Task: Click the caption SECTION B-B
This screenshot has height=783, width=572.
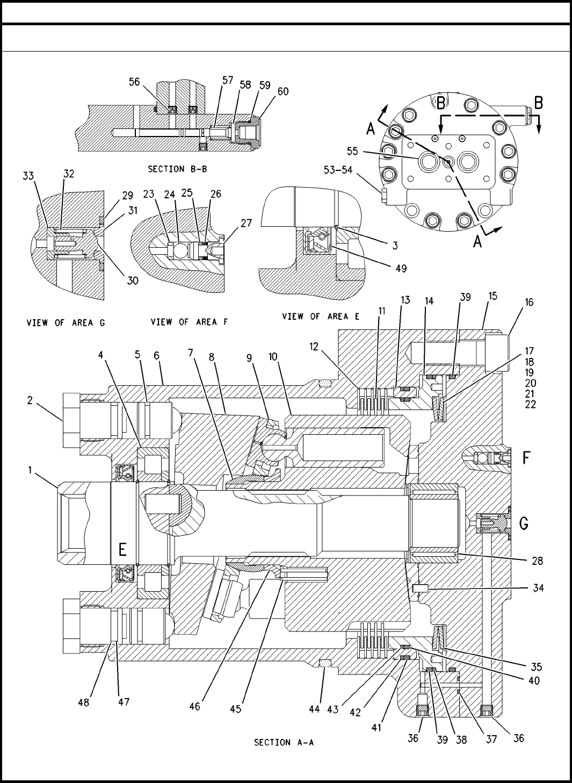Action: point(178,169)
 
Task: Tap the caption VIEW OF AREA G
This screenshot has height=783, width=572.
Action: point(66,323)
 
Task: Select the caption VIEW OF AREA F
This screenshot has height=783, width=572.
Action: point(184,322)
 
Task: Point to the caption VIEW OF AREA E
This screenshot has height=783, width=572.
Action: point(321,317)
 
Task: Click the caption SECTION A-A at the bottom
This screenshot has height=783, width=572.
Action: point(284,742)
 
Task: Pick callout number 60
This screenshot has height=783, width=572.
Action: point(283,91)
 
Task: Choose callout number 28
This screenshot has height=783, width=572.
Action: point(537,562)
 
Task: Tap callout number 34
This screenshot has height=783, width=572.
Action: point(538,588)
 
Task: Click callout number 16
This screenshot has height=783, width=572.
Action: point(529,303)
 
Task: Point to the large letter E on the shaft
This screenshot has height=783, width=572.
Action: point(123,549)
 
